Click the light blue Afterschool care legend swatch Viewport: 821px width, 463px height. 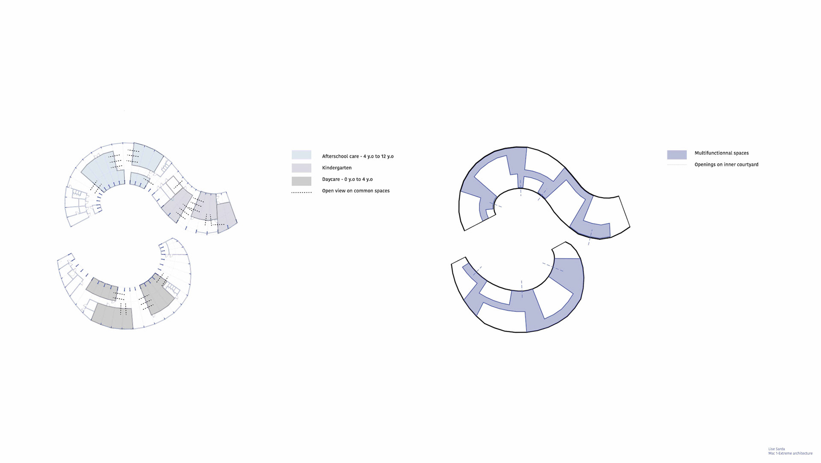tap(301, 155)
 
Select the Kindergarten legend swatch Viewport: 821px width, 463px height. tap(301, 168)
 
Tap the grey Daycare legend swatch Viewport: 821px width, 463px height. tap(301, 181)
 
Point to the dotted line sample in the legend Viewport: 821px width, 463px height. tap(301, 192)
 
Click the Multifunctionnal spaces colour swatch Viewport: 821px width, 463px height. tap(677, 155)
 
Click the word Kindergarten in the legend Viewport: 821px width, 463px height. tap(337, 168)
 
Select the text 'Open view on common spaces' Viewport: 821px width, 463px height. tap(356, 191)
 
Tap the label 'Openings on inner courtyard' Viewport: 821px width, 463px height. tap(726, 164)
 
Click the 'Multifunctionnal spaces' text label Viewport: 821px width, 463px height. tap(722, 153)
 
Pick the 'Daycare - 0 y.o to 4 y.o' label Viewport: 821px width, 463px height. tap(347, 179)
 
